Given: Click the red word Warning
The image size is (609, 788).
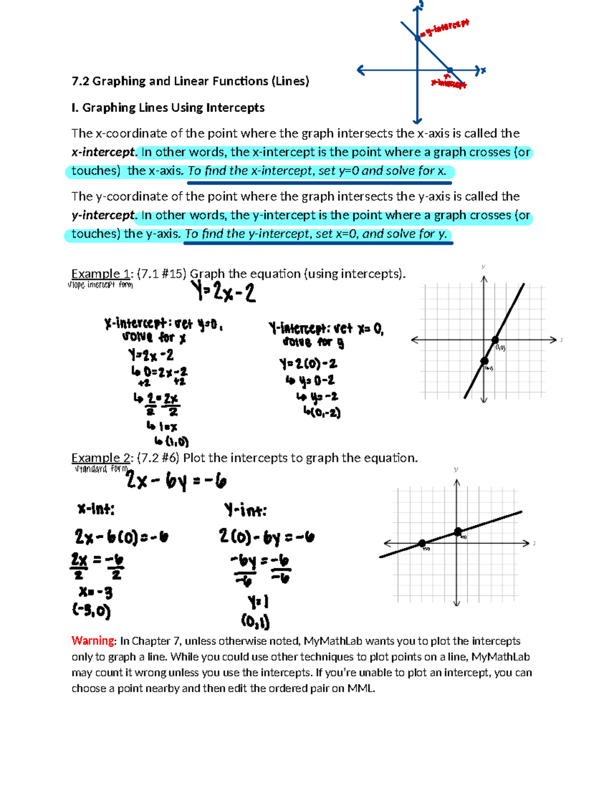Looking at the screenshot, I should [x=93, y=640].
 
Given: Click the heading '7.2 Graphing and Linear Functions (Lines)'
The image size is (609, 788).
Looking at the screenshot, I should [x=190, y=81].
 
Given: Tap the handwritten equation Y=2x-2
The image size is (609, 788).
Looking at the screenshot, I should [x=223, y=293].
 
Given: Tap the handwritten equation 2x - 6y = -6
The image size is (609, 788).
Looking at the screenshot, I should [x=176, y=481].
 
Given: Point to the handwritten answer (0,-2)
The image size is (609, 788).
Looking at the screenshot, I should [x=322, y=412].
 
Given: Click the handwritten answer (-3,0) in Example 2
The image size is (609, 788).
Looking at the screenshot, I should [x=91, y=610].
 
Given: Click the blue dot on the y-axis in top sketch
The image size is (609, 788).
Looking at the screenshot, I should [x=418, y=38].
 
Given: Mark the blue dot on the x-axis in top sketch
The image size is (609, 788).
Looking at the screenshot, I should [x=450, y=71].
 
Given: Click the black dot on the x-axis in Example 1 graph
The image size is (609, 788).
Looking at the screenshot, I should [x=495, y=340].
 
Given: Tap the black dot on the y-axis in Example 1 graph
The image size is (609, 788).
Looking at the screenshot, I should [x=484, y=361].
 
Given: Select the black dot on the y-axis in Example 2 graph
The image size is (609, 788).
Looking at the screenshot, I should [x=458, y=531].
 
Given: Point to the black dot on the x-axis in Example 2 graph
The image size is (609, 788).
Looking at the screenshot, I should [x=422, y=543].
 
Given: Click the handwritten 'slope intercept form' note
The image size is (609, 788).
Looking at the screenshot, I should [x=100, y=285].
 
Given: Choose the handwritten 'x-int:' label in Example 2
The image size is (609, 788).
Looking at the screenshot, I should [x=96, y=509].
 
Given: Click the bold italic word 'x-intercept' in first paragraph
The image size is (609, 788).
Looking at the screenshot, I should [x=104, y=152].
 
